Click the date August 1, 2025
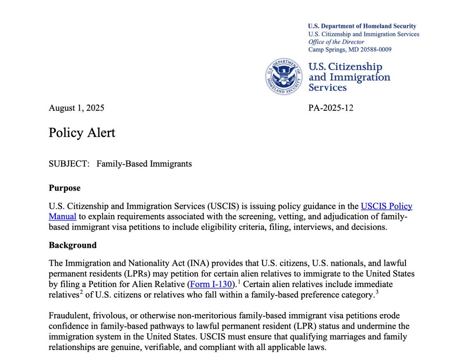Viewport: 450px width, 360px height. (76, 108)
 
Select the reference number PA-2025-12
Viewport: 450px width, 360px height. (331, 108)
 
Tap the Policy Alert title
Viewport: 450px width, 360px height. (82, 133)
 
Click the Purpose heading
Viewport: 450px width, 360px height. (65, 188)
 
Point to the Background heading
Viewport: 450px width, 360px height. (72, 245)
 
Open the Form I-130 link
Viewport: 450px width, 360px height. (210, 285)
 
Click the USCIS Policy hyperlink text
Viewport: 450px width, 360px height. (386, 206)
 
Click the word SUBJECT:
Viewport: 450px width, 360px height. (69, 164)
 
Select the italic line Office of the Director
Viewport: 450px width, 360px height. (336, 42)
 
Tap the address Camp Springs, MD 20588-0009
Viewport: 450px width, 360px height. (350, 50)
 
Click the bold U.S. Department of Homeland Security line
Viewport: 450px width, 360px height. (362, 26)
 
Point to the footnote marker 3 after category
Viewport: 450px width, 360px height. (377, 292)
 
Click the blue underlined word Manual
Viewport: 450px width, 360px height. (62, 216)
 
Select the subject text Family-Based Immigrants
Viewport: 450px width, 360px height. (144, 164)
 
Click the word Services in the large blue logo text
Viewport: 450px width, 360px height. (327, 87)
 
